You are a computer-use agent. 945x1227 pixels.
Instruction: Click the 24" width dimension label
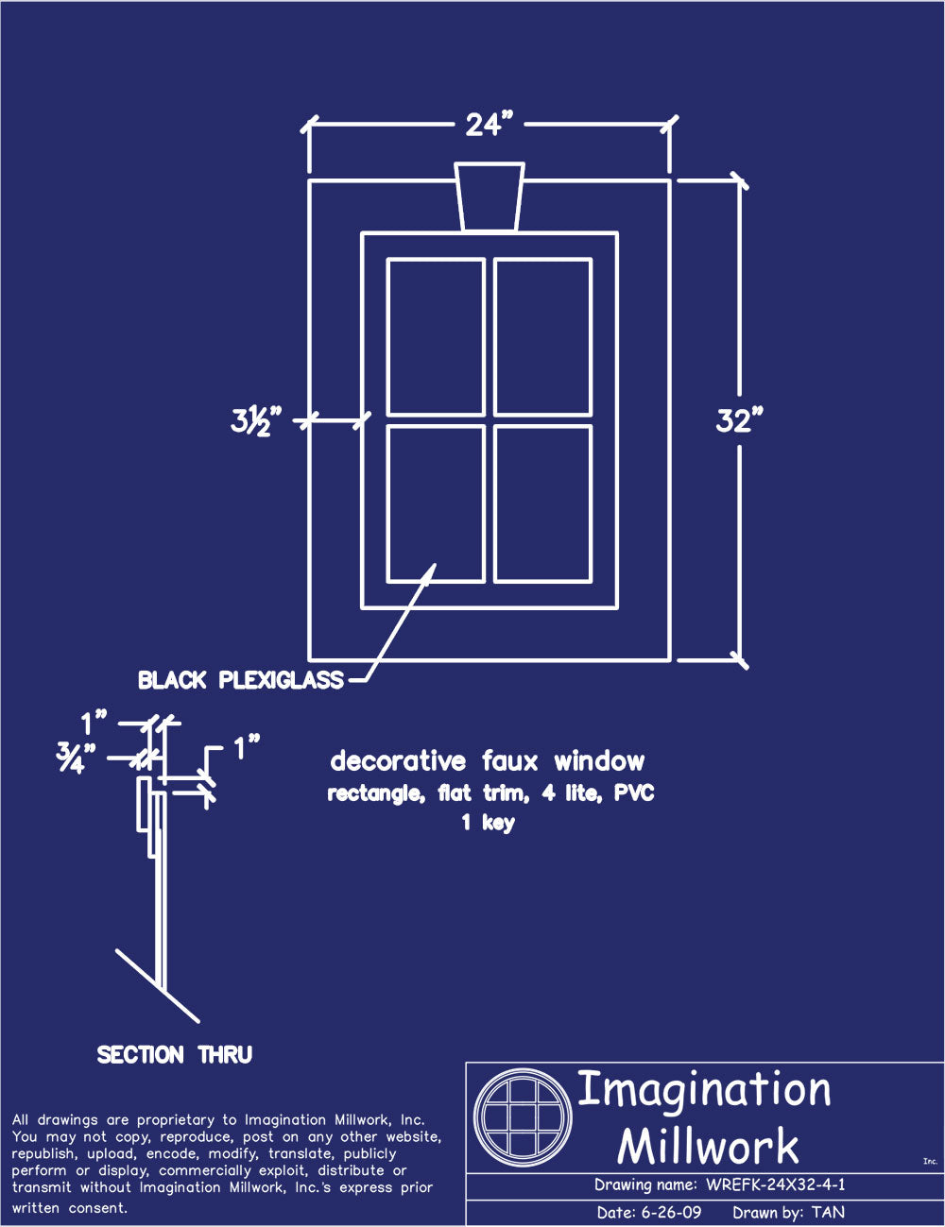489,124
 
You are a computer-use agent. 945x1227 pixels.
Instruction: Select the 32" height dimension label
739,420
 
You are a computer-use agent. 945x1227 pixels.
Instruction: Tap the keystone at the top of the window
489,196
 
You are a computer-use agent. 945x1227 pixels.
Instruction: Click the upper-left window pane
436,336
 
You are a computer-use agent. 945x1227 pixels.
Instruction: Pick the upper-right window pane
542,336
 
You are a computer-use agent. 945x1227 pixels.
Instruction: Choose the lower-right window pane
542,503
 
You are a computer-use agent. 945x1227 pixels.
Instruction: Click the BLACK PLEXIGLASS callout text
241,680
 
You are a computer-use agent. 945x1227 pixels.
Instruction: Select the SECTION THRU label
175,1054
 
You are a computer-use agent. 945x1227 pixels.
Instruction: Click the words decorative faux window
488,761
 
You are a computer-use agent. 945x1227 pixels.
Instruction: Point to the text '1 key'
488,822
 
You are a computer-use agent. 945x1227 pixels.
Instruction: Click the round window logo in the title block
523,1117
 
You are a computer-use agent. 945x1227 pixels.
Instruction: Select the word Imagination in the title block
704,1090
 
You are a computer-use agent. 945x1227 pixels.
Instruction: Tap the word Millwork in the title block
708,1147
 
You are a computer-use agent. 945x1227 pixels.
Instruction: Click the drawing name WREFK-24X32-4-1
775,1185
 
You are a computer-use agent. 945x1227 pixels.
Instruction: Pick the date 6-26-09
671,1213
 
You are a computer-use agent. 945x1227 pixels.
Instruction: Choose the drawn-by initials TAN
828,1213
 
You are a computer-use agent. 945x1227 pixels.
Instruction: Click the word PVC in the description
634,793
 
